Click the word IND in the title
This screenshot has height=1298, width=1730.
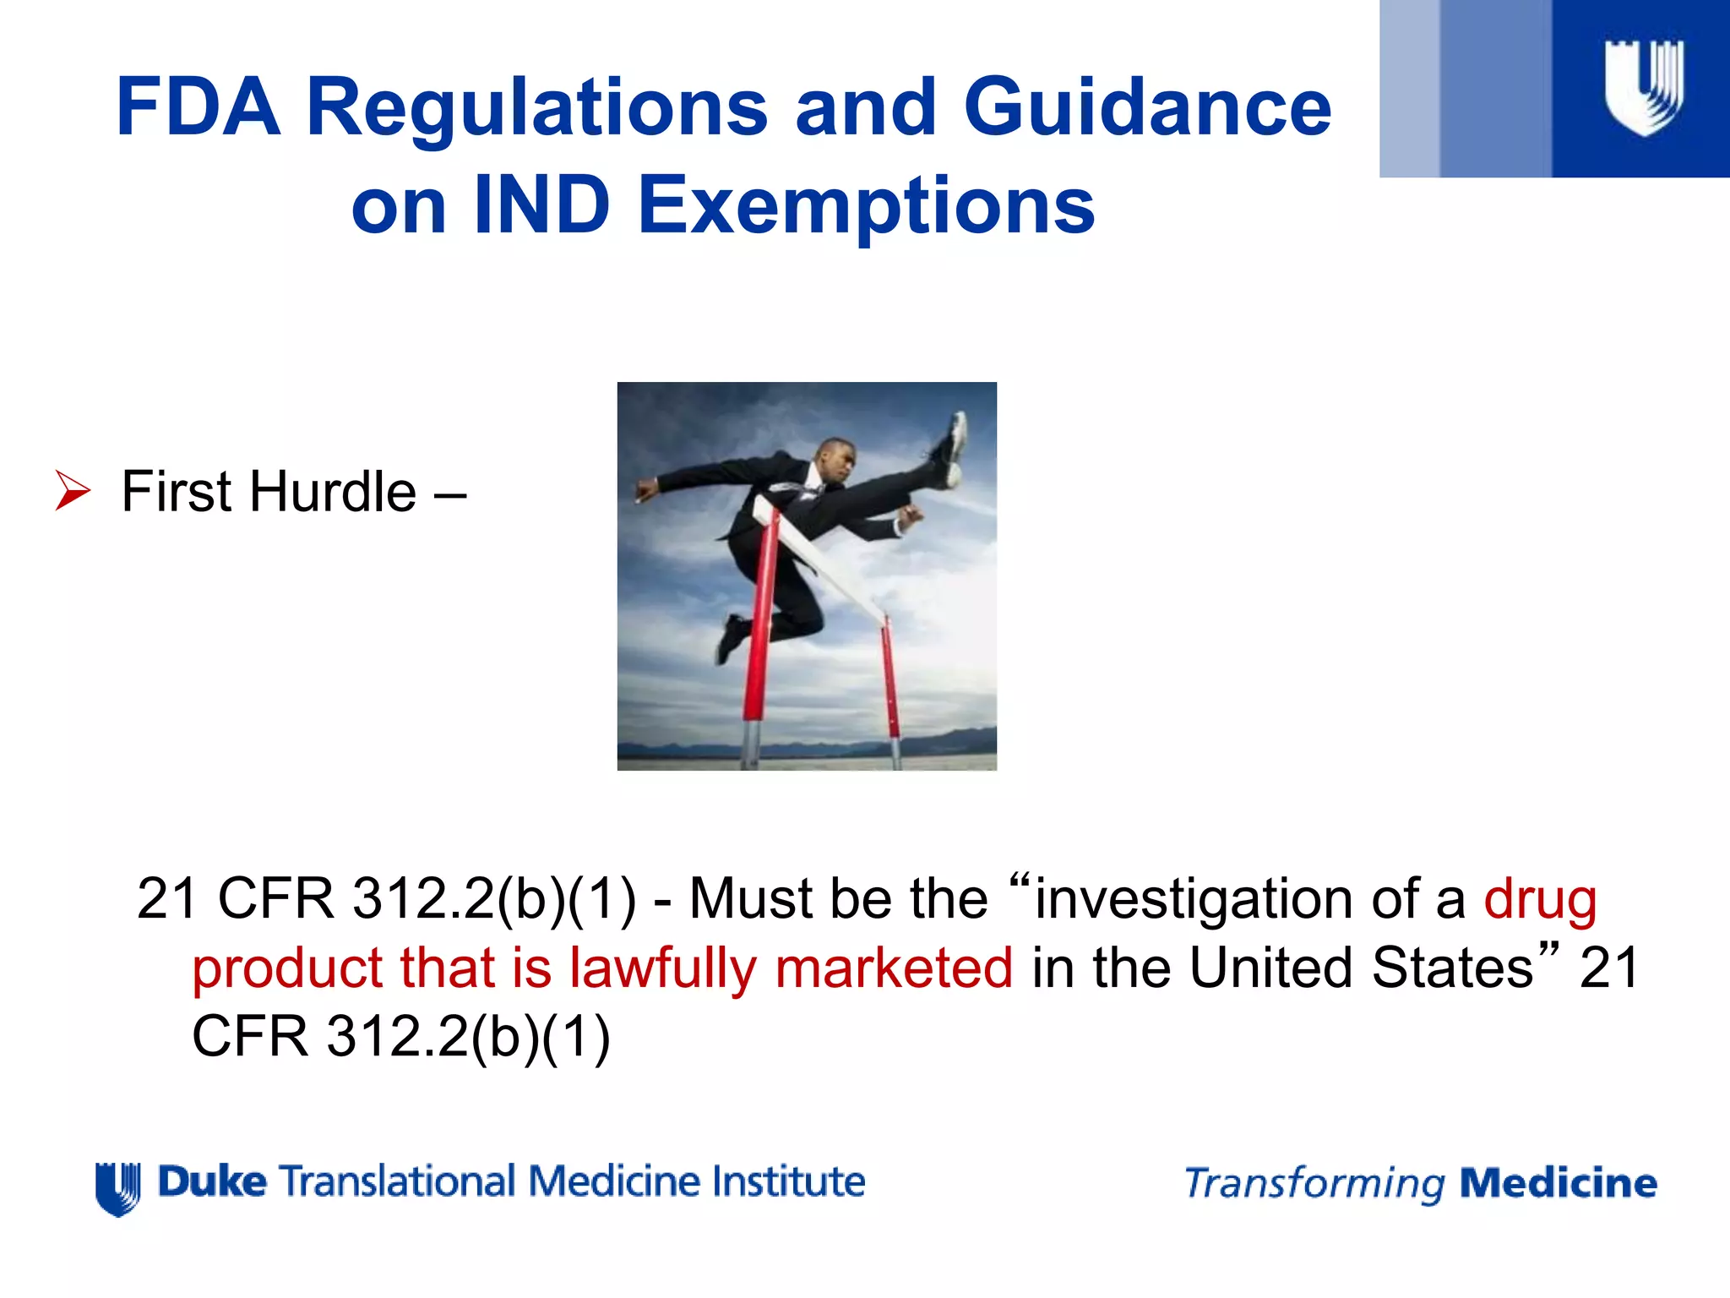(541, 205)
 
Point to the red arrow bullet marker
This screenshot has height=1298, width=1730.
(73, 491)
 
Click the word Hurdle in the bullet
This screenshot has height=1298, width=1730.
(332, 491)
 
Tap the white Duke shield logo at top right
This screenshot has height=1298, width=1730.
(1644, 87)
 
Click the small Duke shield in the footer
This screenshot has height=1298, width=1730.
(118, 1188)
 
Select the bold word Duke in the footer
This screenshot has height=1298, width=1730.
(212, 1181)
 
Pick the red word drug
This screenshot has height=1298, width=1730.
(1540, 899)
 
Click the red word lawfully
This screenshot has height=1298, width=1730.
(662, 968)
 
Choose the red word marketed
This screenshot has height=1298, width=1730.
(894, 968)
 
